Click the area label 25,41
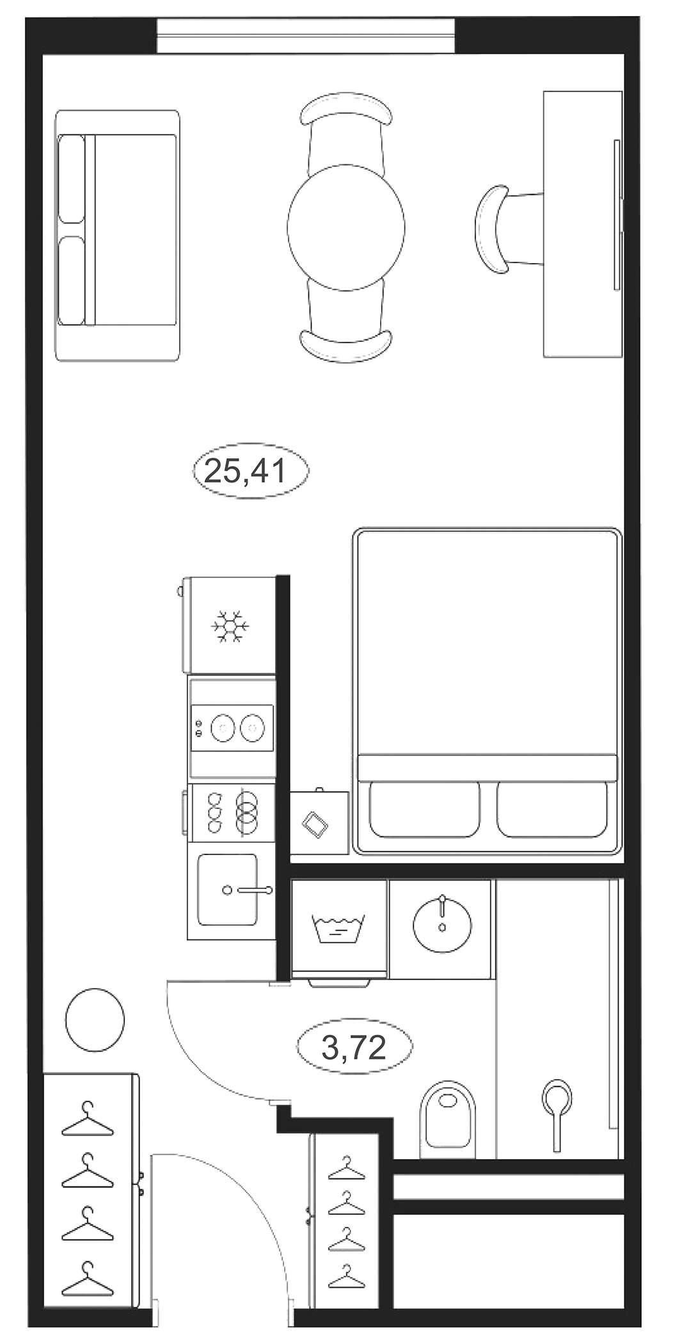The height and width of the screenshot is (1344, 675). click(250, 471)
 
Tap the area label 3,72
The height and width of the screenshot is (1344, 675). click(354, 1048)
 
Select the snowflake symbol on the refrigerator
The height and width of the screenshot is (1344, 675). click(230, 627)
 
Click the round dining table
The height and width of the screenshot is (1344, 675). click(345, 227)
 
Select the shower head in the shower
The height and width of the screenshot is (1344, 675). click(557, 1098)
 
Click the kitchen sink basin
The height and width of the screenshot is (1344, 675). click(227, 890)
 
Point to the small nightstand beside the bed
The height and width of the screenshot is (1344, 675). click(319, 822)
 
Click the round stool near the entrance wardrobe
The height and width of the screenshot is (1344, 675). click(95, 1020)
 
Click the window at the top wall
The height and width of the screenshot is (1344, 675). click(306, 36)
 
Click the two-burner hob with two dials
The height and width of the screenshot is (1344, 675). click(232, 728)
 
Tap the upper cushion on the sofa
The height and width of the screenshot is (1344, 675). click(71, 179)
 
